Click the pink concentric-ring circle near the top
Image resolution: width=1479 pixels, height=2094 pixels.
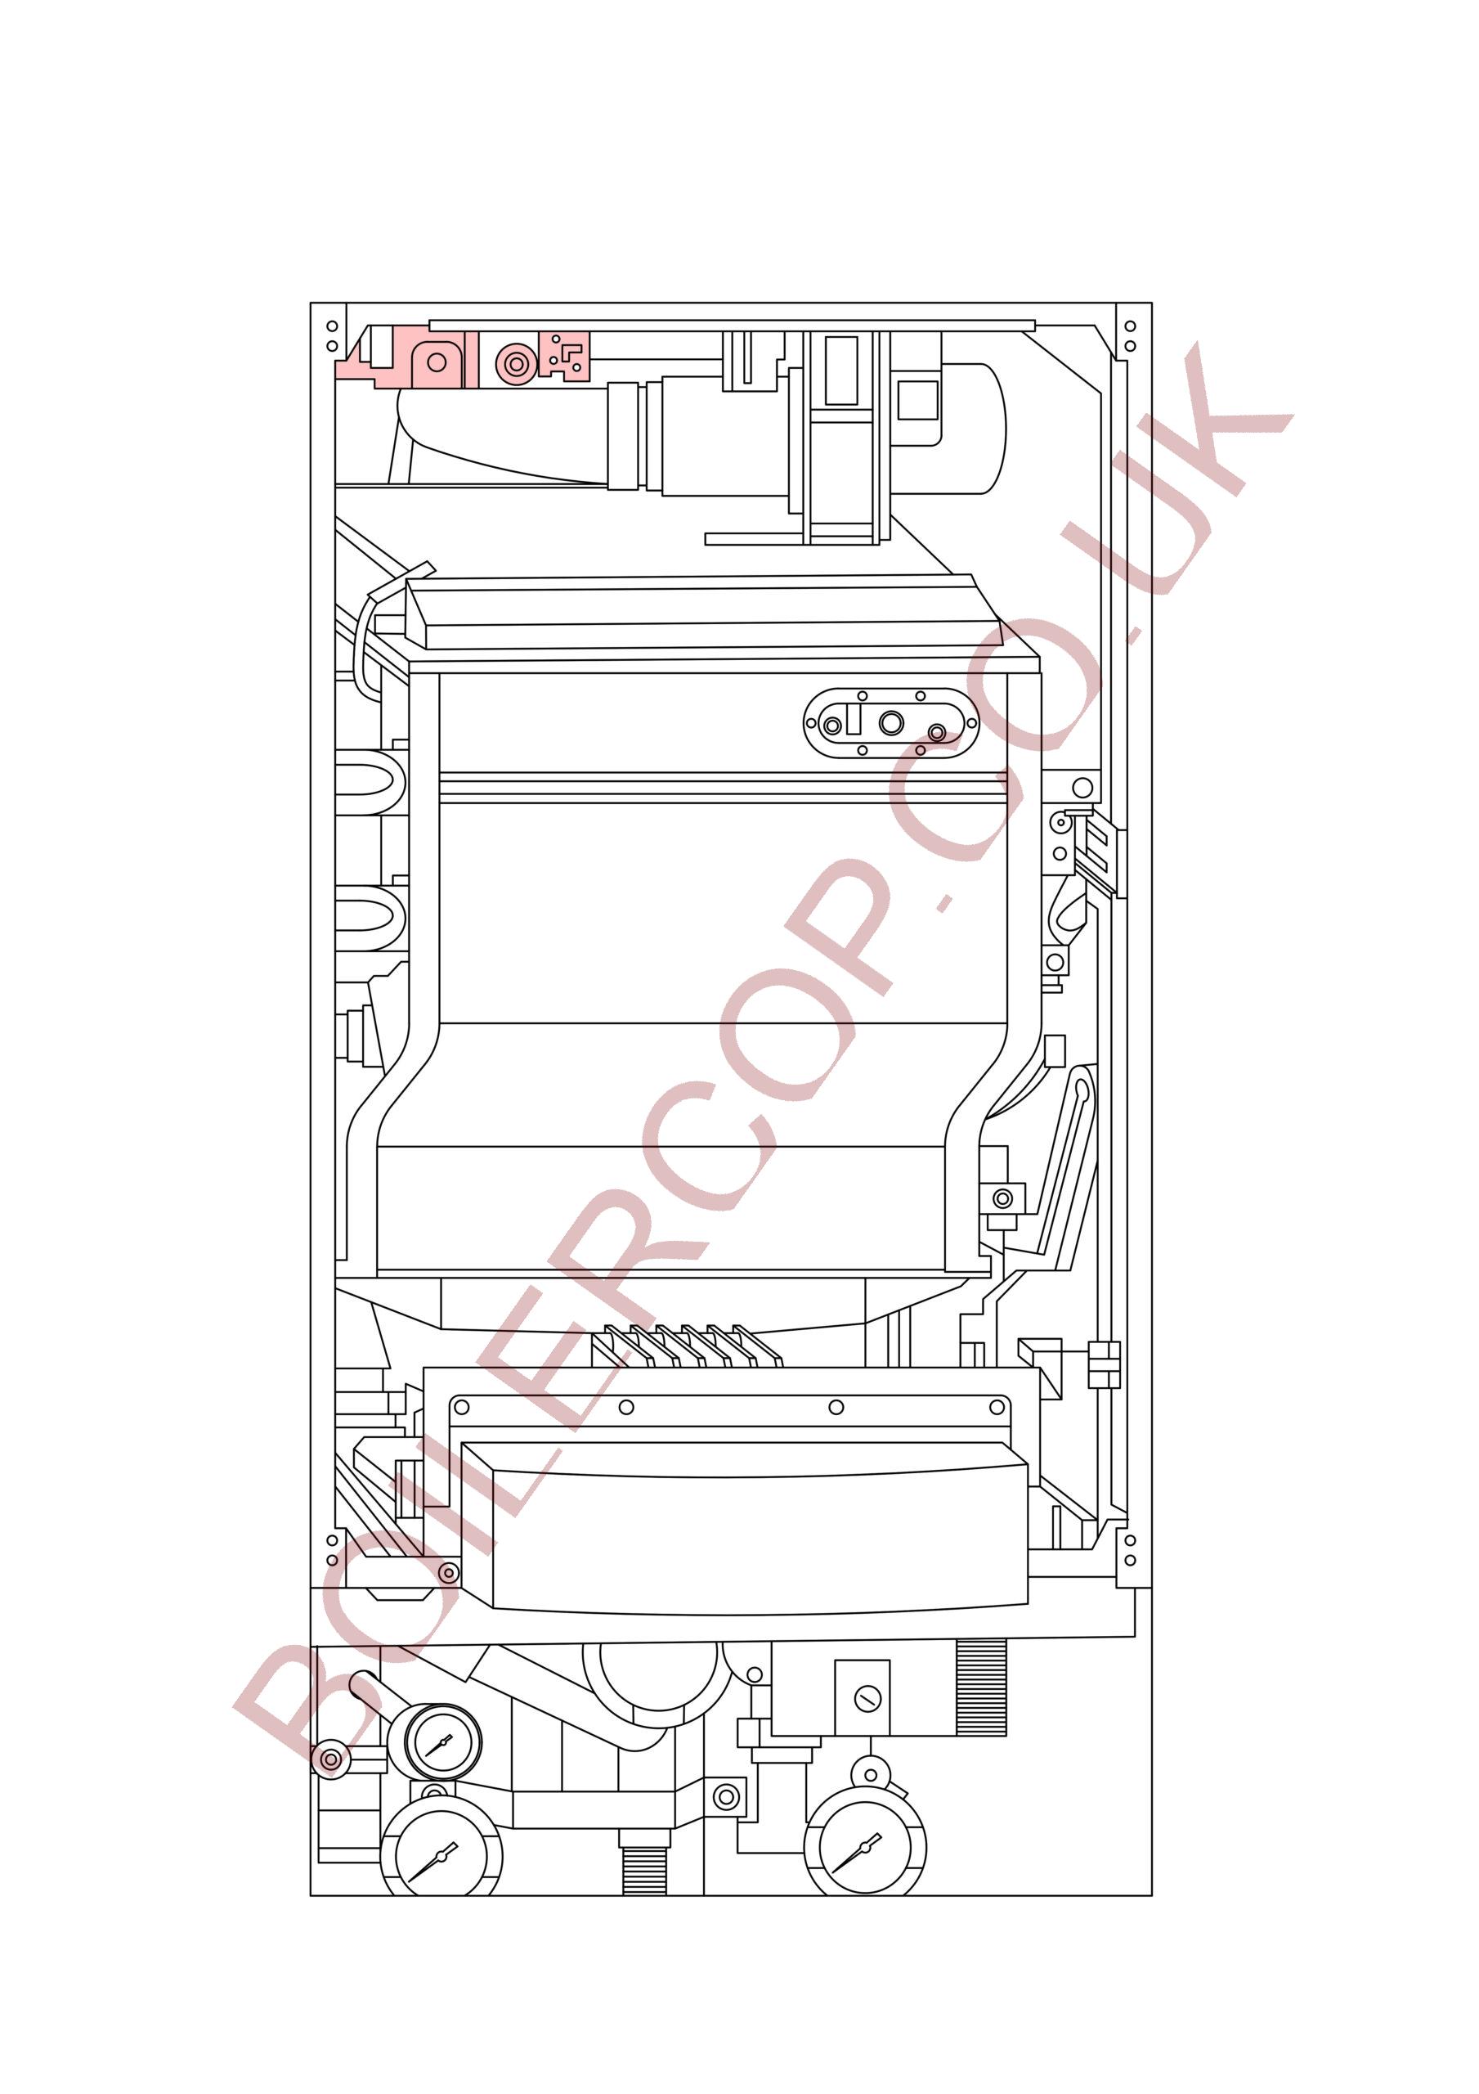click(516, 364)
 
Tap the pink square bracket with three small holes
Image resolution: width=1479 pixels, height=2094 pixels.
click(564, 356)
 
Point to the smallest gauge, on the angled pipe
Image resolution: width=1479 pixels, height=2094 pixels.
click(442, 1743)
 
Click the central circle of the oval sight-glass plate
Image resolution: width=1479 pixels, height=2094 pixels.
click(891, 723)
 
